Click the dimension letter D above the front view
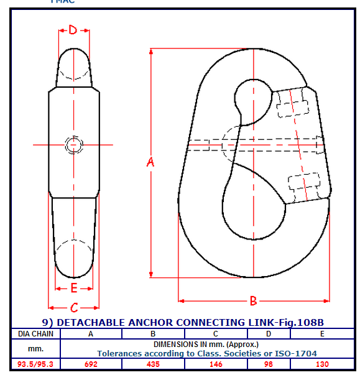coord(73,30)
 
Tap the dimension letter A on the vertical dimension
coord(150,162)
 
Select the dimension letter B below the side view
coord(254,300)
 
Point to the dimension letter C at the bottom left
coord(74,308)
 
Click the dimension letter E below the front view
coord(74,288)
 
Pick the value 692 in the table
coord(91,364)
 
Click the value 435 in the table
coord(153,364)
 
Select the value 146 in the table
coord(216,364)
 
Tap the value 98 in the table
coord(269,364)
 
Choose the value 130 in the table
coord(322,364)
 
